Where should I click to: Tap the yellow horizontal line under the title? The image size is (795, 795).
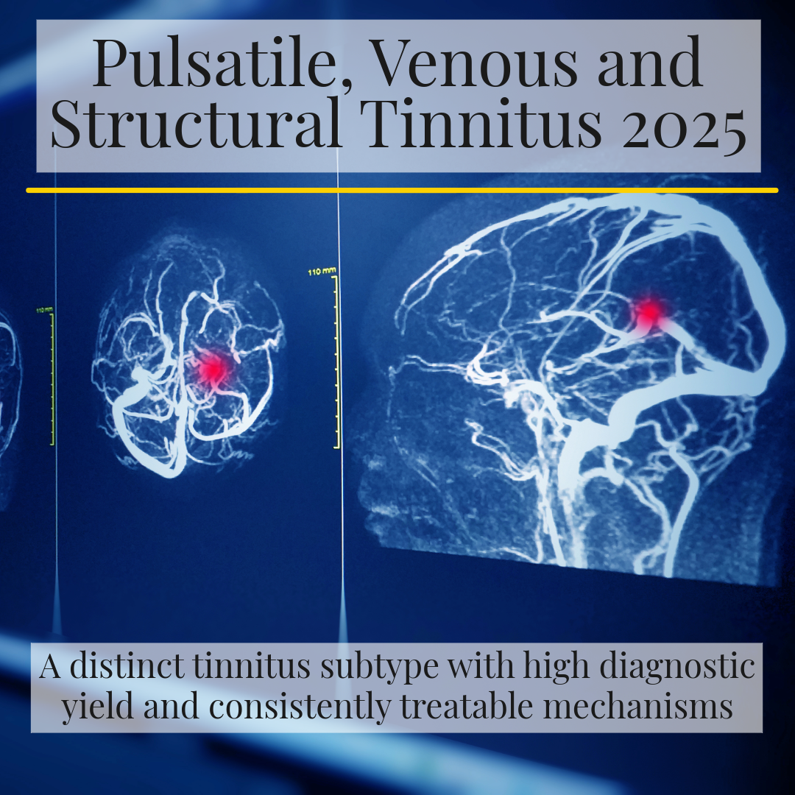pyautogui.click(x=402, y=190)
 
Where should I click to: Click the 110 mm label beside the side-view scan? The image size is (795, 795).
pyautogui.click(x=322, y=272)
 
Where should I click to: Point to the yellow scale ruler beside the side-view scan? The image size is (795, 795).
pyautogui.click(x=337, y=361)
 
